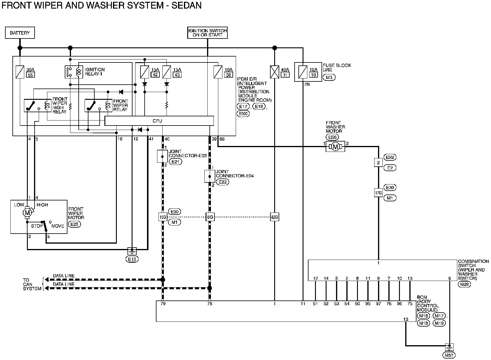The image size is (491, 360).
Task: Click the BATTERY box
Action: (20, 33)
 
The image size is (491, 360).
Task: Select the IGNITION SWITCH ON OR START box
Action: (208, 33)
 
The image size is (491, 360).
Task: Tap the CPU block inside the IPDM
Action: (159, 121)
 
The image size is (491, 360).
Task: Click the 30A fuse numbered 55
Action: (20, 72)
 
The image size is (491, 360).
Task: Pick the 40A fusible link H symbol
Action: (275, 72)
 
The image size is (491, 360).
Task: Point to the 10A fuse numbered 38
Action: (218, 72)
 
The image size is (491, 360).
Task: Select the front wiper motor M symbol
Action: (27, 212)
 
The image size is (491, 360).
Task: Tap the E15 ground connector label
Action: (132, 259)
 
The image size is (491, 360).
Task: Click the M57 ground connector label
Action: (449, 355)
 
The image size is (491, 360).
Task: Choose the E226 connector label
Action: (332, 137)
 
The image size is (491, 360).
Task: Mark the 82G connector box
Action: (274, 217)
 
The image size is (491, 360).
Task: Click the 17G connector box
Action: (378, 193)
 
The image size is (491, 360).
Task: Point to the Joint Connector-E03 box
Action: (162, 156)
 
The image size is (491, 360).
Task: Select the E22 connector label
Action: (223, 182)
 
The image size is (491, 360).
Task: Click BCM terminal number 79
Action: (163, 303)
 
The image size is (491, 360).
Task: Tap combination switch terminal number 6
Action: (450, 278)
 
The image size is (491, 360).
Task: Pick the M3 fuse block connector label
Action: (329, 78)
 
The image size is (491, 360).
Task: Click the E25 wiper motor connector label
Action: (75, 224)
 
